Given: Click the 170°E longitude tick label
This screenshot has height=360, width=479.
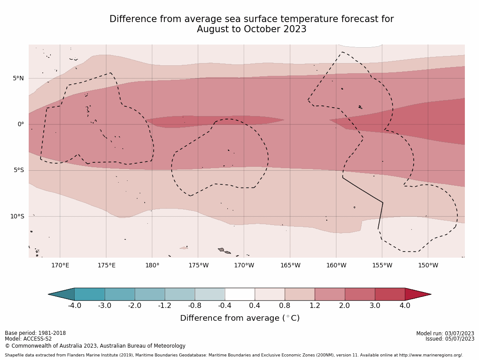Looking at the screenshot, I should (60, 266).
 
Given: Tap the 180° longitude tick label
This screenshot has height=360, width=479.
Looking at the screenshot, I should (152, 266).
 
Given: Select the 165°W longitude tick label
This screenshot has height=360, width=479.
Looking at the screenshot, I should (290, 266).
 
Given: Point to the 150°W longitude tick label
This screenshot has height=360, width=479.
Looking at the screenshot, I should (428, 266).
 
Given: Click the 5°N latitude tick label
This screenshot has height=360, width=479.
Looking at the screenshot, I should (18, 79).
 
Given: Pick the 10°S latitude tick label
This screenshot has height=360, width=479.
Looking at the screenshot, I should (17, 216).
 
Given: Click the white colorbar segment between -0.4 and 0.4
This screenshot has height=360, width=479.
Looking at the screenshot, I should (240, 294).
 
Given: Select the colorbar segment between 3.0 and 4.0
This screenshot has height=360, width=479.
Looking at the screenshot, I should (390, 294).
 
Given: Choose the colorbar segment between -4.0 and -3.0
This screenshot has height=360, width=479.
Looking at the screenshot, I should (90, 294).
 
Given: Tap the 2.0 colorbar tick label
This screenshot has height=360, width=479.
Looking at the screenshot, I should (344, 305).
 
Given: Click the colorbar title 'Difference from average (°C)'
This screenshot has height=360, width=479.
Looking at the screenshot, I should (240, 318).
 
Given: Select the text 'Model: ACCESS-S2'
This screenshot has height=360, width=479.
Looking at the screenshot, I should (28, 339).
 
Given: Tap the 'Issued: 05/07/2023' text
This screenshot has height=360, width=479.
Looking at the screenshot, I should (449, 339).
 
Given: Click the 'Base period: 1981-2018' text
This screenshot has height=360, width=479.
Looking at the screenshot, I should (35, 333).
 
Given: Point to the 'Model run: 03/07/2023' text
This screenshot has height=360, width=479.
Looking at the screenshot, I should (445, 334).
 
